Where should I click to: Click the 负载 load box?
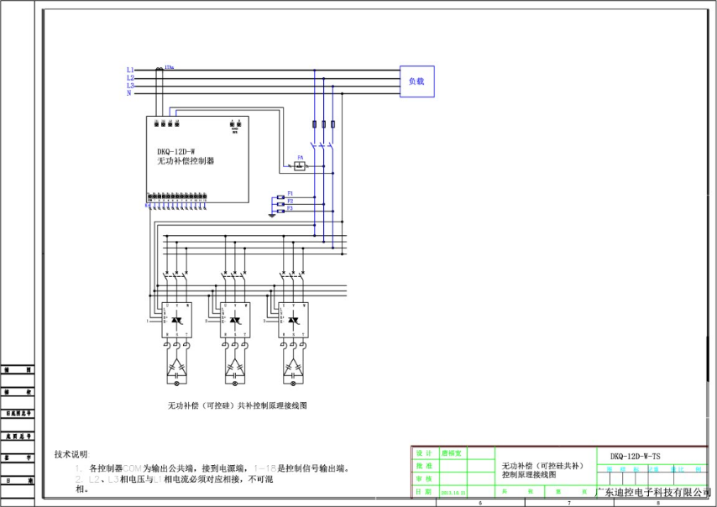point(416,81)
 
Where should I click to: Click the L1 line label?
point(130,69)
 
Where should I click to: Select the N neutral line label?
point(128,93)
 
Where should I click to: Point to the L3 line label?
point(130,85)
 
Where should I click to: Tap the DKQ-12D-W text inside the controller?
point(175,152)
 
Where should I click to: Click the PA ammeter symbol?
point(300,164)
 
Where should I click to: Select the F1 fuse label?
point(290,193)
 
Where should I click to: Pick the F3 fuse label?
point(290,208)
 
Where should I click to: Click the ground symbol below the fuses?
point(271,214)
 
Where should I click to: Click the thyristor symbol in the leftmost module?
point(175,321)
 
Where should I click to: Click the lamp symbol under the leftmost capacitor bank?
point(175,382)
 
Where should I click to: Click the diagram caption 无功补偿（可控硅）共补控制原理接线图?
point(238,405)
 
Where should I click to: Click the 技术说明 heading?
point(71,453)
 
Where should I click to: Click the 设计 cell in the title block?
point(424,452)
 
